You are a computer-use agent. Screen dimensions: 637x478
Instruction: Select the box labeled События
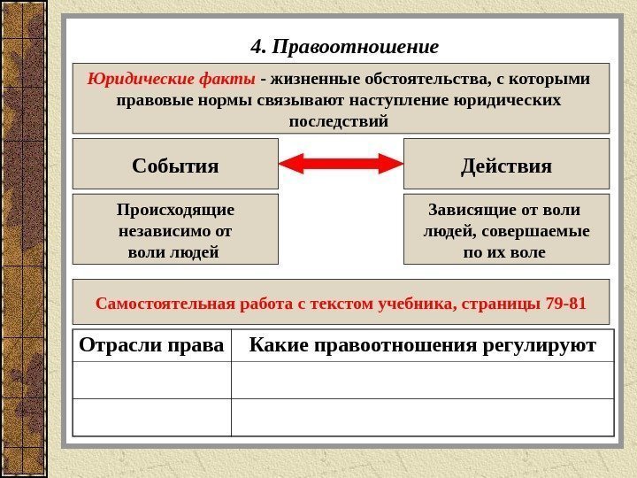tap(175, 165)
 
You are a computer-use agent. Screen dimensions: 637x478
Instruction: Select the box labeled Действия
tap(506, 165)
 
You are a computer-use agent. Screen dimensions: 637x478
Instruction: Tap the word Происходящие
tap(175, 211)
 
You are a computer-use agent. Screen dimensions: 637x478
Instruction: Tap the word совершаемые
tap(543, 232)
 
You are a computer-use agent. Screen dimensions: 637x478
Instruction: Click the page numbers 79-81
tap(566, 304)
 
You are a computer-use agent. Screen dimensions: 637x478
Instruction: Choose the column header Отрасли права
tap(151, 343)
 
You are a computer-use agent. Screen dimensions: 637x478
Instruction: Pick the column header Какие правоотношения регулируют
tap(423, 343)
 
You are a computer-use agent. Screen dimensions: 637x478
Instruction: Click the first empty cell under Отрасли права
tap(151, 379)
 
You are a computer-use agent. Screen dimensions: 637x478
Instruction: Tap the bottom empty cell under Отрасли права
tap(151, 416)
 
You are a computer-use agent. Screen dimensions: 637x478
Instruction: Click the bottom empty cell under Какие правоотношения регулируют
tap(423, 416)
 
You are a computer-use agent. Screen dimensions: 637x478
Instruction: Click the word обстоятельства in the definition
tap(433, 79)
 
